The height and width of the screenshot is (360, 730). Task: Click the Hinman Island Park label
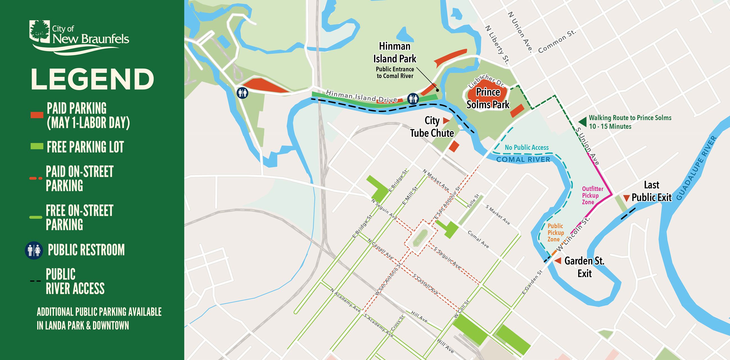point(394,52)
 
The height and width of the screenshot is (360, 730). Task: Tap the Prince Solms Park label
point(488,98)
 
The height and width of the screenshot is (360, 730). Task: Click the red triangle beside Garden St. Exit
point(558,261)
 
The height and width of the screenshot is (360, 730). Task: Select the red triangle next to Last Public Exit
point(627,198)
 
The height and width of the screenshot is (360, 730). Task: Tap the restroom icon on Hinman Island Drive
point(413,98)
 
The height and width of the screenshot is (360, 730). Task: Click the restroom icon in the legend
point(34,250)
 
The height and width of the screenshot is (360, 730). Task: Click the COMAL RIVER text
point(523,160)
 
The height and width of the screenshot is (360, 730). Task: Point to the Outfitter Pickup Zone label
point(592,196)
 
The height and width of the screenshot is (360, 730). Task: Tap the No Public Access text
point(526,147)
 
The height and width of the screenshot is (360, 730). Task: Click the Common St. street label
point(557,41)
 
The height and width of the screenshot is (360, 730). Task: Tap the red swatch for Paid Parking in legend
point(37,115)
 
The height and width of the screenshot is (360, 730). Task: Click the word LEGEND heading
point(92,80)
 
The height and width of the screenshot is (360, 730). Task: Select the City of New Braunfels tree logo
point(40,31)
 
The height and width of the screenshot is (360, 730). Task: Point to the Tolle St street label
point(473,201)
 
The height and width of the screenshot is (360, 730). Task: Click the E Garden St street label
point(532,282)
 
